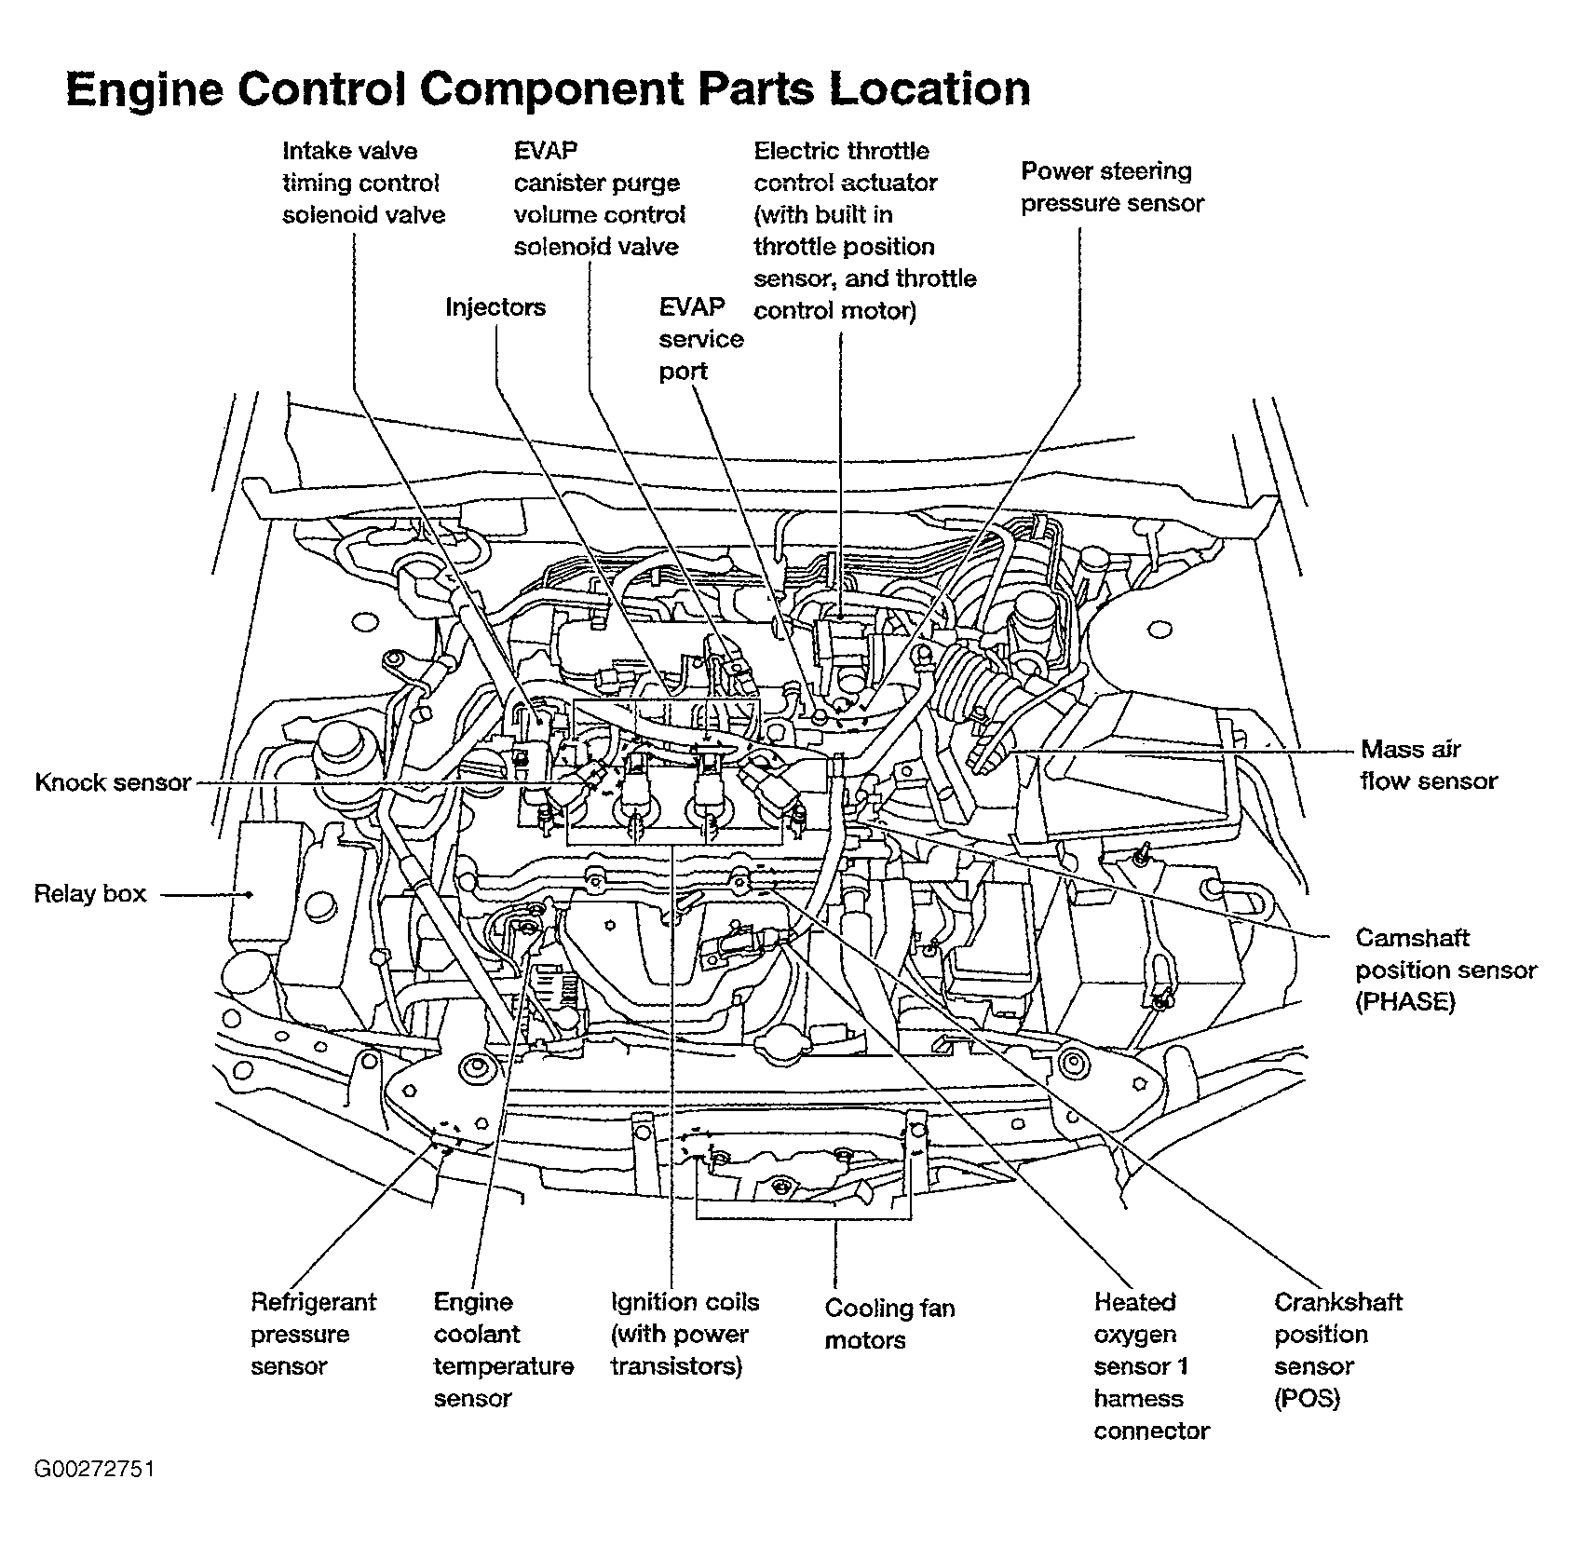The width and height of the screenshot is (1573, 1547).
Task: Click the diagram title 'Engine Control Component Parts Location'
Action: [548, 90]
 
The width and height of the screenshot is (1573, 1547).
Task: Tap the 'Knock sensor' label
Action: [113, 782]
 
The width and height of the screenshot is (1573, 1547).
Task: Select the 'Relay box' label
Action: [90, 894]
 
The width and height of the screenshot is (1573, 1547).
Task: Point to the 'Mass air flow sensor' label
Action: [1429, 765]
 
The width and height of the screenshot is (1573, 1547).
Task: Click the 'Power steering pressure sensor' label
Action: [1113, 187]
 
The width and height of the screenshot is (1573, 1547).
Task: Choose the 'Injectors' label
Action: [495, 307]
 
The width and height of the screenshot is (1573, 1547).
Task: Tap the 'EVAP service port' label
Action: [701, 339]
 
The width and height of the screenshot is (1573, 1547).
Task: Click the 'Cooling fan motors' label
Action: [890, 1324]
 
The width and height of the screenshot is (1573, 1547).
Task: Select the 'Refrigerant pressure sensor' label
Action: [314, 1334]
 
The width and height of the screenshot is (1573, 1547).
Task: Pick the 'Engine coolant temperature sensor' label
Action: [504, 1350]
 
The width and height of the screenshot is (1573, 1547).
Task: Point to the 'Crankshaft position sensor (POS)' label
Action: [1338, 1350]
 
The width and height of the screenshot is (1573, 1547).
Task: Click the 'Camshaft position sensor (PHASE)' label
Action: [1445, 970]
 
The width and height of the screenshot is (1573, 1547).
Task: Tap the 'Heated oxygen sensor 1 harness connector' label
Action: [1151, 1365]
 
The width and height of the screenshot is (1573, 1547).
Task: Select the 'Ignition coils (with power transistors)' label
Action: [685, 1334]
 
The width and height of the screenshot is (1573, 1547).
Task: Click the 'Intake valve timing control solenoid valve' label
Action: [364, 183]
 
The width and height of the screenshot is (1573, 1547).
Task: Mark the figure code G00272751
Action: [94, 1470]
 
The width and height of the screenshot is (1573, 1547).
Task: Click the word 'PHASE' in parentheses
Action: [1405, 1002]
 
